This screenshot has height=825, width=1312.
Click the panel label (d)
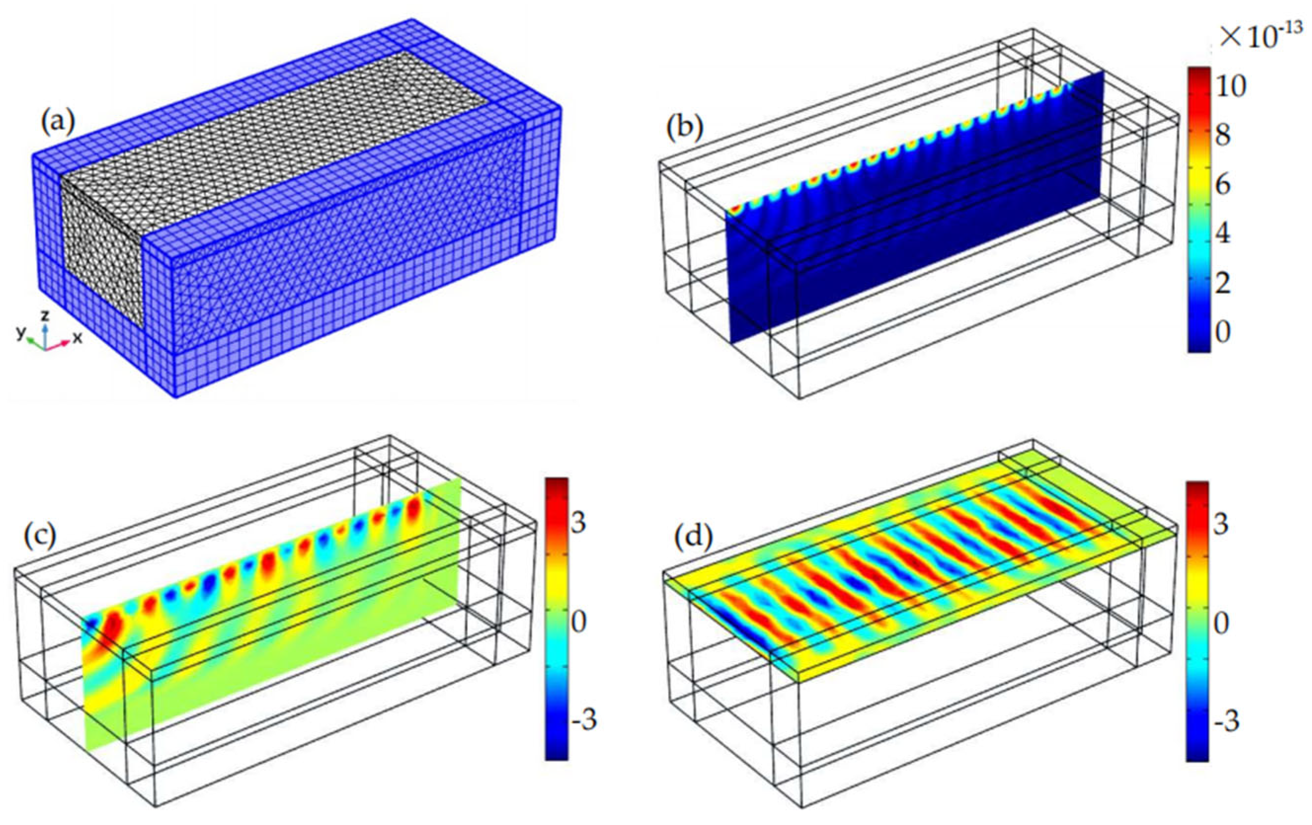693,538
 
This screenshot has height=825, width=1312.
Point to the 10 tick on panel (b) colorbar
1229,86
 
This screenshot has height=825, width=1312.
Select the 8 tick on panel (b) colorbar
1223,136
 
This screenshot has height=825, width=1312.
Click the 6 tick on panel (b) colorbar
1223,185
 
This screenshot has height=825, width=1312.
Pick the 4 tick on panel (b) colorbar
1223,235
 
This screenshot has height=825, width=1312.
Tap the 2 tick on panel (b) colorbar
1223,283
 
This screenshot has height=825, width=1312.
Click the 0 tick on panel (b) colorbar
1223,332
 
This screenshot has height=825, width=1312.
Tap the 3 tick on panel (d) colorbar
1221,524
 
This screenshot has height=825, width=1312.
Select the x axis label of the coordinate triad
78,338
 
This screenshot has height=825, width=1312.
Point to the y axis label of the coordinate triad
21,333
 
